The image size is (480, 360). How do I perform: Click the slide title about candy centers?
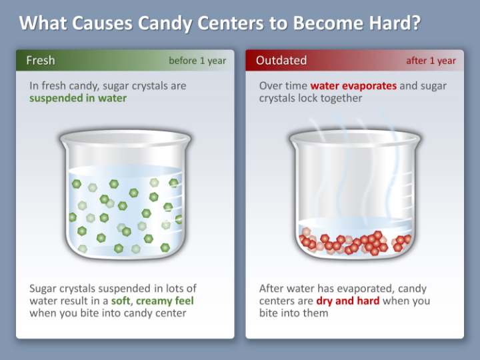click(220, 23)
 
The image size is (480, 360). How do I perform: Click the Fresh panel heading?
click(41, 61)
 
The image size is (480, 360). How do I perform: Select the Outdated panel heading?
click(281, 61)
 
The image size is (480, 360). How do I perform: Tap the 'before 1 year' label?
click(197, 61)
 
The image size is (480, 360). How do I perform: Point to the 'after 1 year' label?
click(431, 61)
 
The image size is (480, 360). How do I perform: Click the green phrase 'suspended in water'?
click(77, 98)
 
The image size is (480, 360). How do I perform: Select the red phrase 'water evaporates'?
click(353, 86)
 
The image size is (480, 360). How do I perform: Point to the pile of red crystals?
click(353, 242)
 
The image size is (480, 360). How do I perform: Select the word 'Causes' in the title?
click(102, 23)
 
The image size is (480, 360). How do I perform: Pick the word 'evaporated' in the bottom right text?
click(369, 289)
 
